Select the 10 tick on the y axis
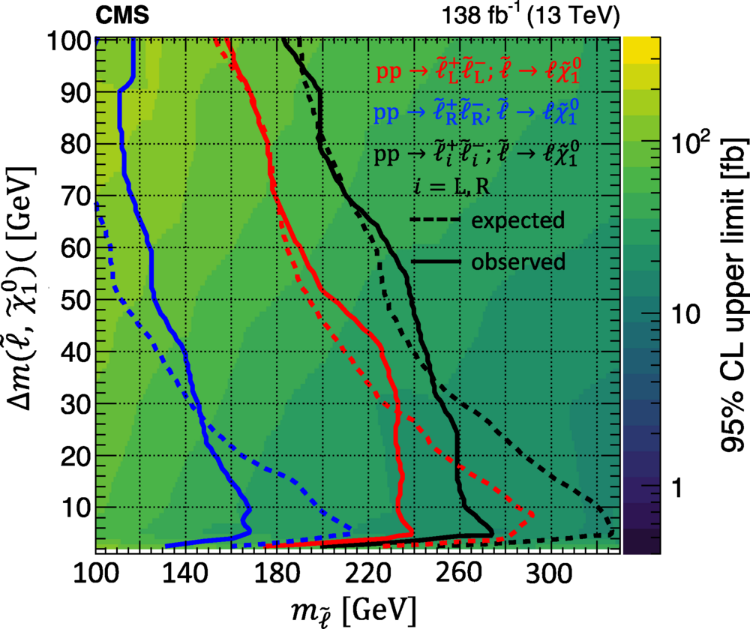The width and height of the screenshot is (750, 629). click(73, 507)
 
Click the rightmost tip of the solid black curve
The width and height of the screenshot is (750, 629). click(493, 532)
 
